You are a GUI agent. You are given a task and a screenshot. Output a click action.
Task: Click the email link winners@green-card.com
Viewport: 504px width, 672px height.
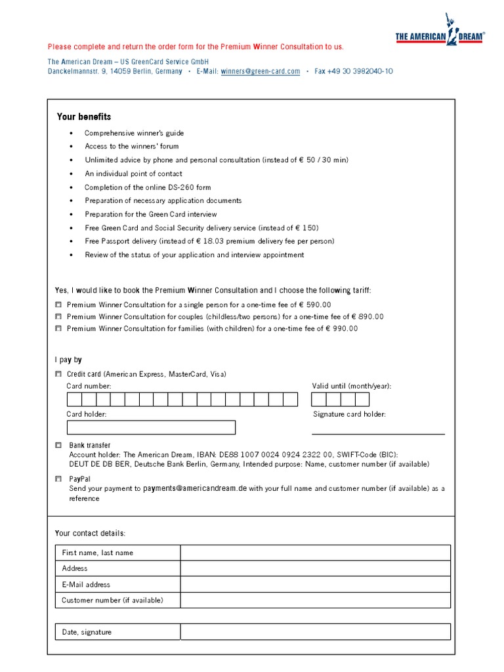(261, 72)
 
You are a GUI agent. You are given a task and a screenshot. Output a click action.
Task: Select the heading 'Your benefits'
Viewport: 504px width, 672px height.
(84, 117)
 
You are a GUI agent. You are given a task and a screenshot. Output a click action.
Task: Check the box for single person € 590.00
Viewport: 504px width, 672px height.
(58, 304)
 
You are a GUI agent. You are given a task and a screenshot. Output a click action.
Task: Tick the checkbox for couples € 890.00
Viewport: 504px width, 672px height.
(58, 316)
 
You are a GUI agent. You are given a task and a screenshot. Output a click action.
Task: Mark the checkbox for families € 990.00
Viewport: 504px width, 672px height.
(58, 328)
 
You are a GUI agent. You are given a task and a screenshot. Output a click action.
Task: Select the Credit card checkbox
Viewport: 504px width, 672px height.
(58, 374)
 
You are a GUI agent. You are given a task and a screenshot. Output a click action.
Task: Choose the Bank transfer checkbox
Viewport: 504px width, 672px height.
(58, 445)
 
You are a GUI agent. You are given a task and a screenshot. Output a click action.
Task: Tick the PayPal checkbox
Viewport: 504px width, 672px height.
(58, 479)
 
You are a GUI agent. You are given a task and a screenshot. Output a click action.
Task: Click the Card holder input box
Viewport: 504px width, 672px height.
(151, 427)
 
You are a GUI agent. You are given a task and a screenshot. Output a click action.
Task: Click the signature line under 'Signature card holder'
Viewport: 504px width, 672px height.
(378, 433)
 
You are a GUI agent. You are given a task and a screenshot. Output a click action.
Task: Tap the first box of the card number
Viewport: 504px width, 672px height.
(73, 400)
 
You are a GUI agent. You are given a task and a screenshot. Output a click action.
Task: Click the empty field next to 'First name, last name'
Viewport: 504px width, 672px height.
(315, 553)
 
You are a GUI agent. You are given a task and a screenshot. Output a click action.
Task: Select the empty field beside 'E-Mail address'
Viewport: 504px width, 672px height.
(315, 584)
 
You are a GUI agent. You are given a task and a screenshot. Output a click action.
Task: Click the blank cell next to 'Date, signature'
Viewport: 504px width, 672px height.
(315, 632)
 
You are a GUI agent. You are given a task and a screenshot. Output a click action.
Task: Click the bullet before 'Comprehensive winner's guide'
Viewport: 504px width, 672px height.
(72, 133)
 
